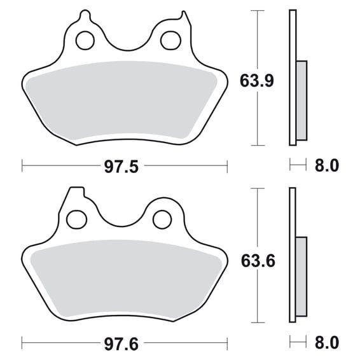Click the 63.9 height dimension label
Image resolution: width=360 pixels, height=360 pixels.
(x=257, y=81)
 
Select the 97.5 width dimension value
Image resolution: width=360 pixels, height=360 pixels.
(x=121, y=167)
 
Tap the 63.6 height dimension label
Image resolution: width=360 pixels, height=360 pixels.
(x=258, y=261)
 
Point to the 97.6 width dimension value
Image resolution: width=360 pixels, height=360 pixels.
(x=121, y=344)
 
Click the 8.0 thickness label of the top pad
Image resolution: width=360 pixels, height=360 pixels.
(x=327, y=165)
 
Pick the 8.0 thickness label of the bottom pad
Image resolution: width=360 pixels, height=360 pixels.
(x=327, y=343)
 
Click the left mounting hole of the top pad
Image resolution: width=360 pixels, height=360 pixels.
(x=85, y=40)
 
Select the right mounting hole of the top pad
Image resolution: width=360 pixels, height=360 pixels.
(x=170, y=41)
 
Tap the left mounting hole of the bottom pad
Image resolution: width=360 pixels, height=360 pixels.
(x=76, y=219)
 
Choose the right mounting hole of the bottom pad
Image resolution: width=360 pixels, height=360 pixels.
(x=162, y=219)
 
